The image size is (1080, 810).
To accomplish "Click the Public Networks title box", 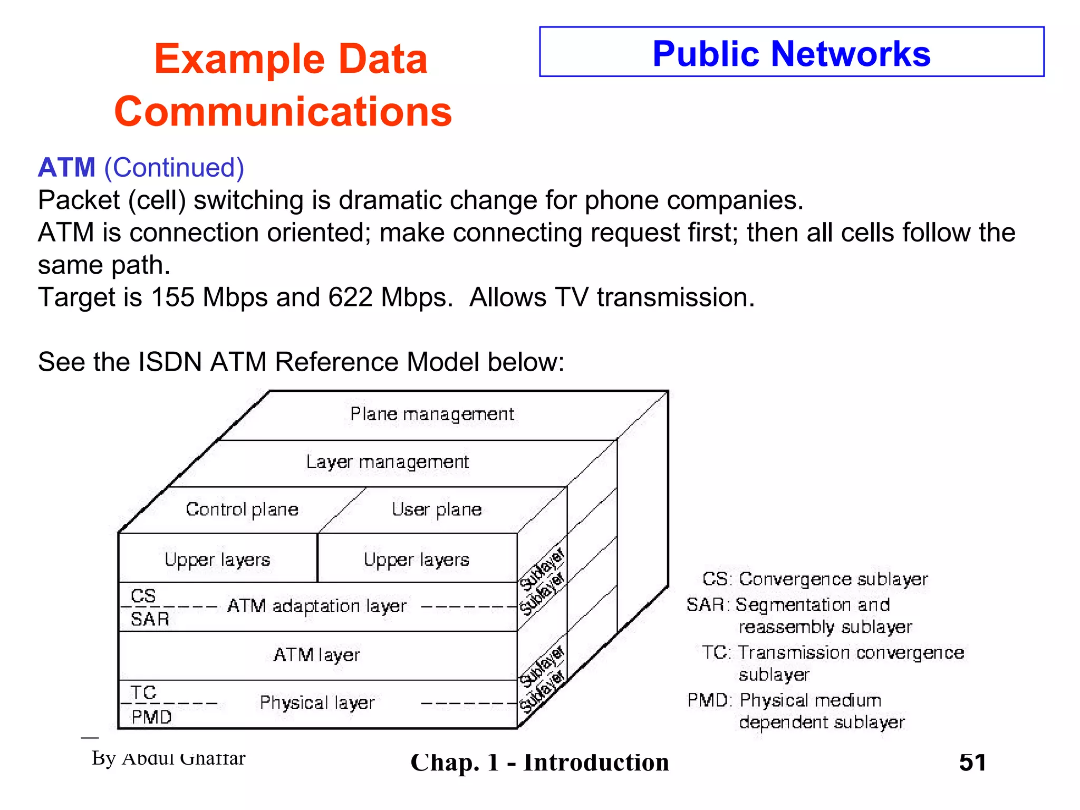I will tap(791, 52).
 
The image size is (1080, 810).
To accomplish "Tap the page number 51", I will tap(972, 763).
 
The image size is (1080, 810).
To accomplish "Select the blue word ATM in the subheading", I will tap(67, 168).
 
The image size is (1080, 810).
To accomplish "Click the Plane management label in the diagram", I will tap(432, 414).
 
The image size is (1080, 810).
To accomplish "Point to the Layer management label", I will tap(387, 462).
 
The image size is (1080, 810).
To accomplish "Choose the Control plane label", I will tap(242, 509).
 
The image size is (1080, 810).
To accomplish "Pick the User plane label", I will tap(437, 509).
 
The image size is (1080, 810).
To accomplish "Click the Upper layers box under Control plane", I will tap(217, 559).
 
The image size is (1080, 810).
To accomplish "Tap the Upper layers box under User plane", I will tap(417, 559).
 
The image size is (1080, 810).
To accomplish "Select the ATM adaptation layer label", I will tap(317, 606).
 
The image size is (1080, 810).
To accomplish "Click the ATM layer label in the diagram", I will tap(316, 655).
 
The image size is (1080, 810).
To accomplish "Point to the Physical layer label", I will tap(317, 703).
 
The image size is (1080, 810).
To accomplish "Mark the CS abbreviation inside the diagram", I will tap(143, 596).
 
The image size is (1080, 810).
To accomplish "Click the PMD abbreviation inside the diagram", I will tap(151, 717).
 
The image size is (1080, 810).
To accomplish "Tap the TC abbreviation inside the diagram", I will tap(143, 692).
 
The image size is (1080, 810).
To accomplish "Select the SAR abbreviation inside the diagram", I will tap(150, 619).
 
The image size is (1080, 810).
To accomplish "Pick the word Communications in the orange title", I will tap(283, 112).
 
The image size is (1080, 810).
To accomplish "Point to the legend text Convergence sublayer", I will tap(833, 579).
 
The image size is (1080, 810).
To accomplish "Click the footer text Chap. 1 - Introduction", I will tap(539, 763).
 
